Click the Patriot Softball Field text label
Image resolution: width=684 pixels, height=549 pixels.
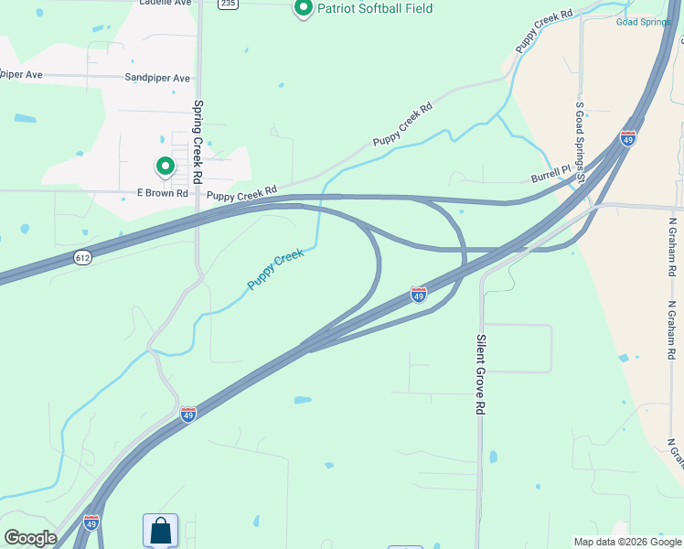pos(375,8)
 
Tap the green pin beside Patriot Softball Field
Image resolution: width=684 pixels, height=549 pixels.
pos(304,8)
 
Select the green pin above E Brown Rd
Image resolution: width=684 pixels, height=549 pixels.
pos(165,167)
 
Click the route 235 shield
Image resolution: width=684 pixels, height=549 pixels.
pos(228,4)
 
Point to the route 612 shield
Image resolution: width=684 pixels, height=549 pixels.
pos(83,258)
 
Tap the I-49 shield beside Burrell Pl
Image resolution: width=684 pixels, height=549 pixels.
pos(627,138)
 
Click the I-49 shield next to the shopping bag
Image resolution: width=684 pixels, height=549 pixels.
pos(91,522)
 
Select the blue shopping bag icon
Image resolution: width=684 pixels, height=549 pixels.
pos(160,530)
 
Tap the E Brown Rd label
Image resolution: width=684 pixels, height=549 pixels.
pos(162,193)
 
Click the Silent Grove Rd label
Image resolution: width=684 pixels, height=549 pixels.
pos(480,375)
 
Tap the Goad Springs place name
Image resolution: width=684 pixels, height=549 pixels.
pos(649,21)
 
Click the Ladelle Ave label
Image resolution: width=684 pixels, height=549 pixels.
pos(166,3)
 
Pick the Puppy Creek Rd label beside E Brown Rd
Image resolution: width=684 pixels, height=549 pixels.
pos(241,193)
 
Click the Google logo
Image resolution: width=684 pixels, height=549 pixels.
pos(29,538)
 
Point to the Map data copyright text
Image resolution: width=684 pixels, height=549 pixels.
pos(626,542)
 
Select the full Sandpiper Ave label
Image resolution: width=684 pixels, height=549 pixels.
pos(157,78)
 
